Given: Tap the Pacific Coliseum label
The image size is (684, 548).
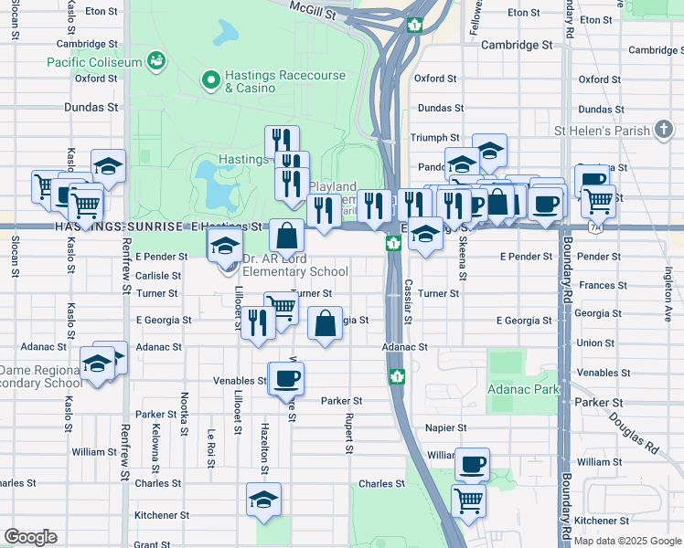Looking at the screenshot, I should [96, 62].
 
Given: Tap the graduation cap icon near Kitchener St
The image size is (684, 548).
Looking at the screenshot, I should [264, 500].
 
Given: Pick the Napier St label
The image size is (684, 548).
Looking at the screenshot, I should [446, 427].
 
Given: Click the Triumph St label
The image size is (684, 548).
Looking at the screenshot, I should [434, 137].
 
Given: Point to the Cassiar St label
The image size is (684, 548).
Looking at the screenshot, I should [408, 294].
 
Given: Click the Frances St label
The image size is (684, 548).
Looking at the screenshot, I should [596, 285].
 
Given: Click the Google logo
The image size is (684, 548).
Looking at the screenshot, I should [30, 537].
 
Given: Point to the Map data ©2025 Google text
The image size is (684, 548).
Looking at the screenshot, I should [626, 541].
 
